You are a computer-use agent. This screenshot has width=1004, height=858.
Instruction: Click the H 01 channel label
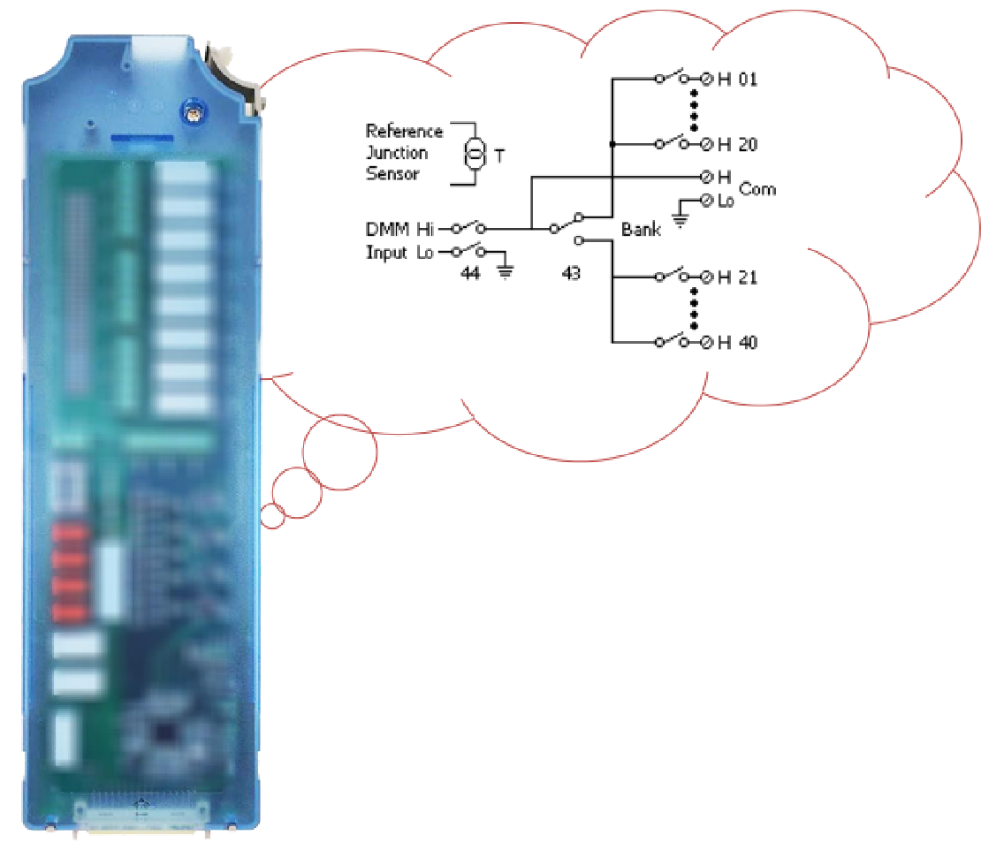[x=737, y=80]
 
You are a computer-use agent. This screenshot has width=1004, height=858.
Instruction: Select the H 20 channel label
[x=737, y=144]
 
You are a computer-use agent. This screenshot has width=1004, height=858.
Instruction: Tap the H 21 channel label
[x=737, y=277]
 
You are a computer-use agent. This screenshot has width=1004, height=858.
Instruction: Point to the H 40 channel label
[x=737, y=343]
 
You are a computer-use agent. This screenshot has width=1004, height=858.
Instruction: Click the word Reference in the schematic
[x=404, y=132]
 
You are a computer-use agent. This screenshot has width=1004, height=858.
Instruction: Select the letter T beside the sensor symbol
[x=500, y=156]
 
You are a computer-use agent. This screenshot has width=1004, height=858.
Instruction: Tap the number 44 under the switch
[x=469, y=274]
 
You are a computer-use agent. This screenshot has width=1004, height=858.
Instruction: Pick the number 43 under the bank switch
[x=571, y=274]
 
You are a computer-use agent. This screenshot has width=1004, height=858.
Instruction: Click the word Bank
[x=641, y=230]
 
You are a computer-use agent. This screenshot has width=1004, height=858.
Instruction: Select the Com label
[x=757, y=189]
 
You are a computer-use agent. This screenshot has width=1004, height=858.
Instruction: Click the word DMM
[x=387, y=230]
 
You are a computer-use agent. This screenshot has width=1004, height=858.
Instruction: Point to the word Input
[x=387, y=253]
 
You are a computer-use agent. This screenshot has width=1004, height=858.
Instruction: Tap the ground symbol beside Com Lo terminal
[x=679, y=218]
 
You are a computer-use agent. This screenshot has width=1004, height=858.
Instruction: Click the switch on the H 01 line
[x=671, y=78]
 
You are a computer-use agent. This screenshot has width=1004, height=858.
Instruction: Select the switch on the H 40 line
[x=671, y=341]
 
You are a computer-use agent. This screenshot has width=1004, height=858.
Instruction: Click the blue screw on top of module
[x=190, y=111]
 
